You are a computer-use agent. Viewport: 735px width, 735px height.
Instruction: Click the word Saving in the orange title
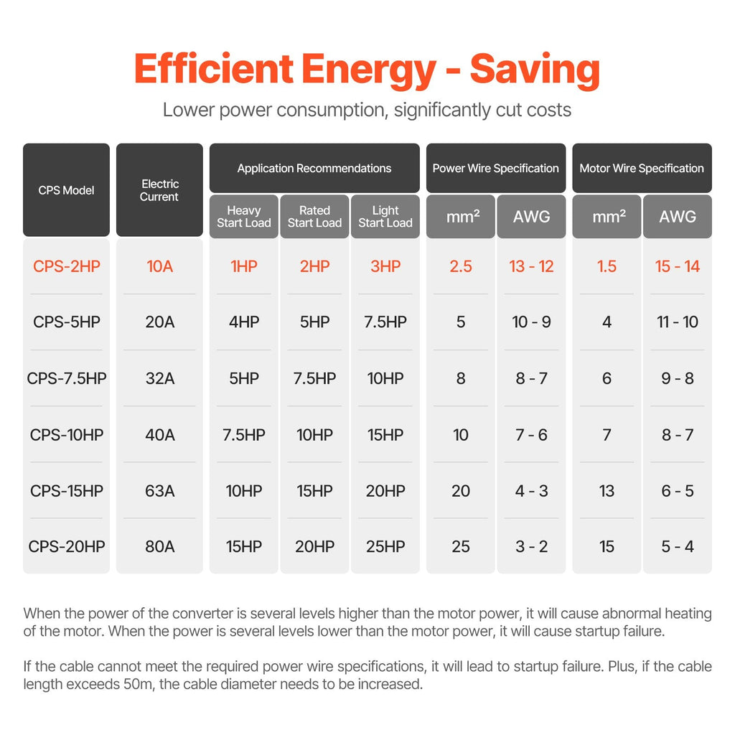pyautogui.click(x=535, y=70)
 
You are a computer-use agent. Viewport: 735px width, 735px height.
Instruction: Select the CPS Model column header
pyautogui.click(x=66, y=190)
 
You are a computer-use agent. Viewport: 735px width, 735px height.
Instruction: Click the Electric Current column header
pyautogui.click(x=159, y=190)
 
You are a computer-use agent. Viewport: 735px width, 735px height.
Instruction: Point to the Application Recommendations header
pyautogui.click(x=314, y=169)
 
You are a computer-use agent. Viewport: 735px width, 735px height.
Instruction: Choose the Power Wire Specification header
pyautogui.click(x=495, y=169)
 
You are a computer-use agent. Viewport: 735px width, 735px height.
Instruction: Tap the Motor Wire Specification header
pyautogui.click(x=642, y=169)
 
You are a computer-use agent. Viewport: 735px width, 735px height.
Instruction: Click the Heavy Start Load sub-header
pyautogui.click(x=244, y=216)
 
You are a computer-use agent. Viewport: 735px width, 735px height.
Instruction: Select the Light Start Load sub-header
pyautogui.click(x=385, y=216)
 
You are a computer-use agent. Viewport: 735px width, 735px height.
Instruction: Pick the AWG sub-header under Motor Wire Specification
pyautogui.click(x=678, y=216)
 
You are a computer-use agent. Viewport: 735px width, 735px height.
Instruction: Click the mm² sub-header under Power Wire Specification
pyautogui.click(x=461, y=216)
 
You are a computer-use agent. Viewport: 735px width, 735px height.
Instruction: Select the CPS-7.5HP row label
pyautogui.click(x=67, y=378)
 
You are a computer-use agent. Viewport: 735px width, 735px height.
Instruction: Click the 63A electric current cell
pyautogui.click(x=159, y=491)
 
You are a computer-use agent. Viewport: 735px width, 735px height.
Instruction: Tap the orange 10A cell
pyautogui.click(x=159, y=266)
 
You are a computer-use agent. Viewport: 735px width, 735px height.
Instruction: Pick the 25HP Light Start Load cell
pyautogui.click(x=385, y=547)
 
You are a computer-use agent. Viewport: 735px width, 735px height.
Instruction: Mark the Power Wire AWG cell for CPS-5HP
pyautogui.click(x=532, y=322)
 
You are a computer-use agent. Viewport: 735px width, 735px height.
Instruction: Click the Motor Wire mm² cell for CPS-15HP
pyautogui.click(x=607, y=491)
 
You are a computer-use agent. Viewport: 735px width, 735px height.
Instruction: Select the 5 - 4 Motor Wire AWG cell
pyautogui.click(x=678, y=547)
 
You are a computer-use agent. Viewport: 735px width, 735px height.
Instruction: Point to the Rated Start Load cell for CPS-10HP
pyautogui.click(x=314, y=435)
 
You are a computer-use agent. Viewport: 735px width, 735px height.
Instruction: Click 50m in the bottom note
pyautogui.click(x=128, y=684)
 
